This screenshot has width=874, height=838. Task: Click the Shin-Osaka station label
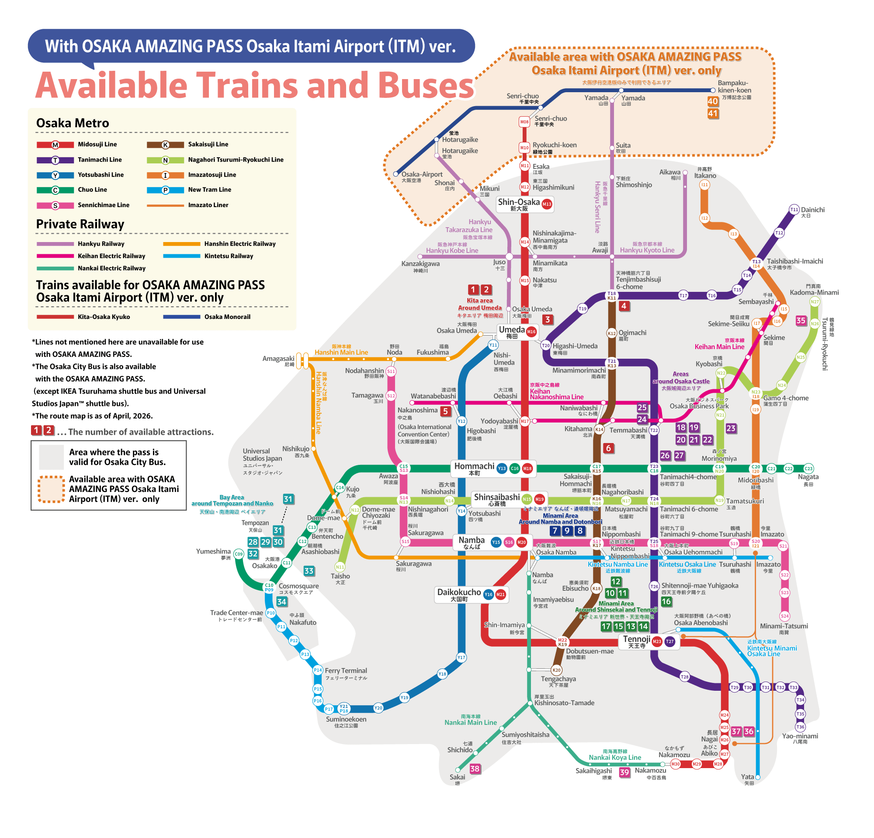point(519,203)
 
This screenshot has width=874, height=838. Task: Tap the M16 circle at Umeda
point(531,331)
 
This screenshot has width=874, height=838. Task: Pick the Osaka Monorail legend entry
point(227,317)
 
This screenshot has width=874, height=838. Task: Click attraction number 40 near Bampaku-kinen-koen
point(713,101)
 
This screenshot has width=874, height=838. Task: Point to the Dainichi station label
point(812,210)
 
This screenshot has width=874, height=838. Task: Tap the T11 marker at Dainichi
point(794,210)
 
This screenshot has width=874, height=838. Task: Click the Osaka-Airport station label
point(421,175)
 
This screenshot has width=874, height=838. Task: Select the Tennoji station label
point(636,640)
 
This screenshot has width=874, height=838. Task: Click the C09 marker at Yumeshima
point(239,554)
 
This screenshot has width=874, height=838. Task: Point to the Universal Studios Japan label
point(262,455)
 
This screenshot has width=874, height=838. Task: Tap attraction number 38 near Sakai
point(475,769)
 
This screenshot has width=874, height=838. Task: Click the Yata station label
point(747,777)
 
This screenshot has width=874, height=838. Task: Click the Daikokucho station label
point(459,592)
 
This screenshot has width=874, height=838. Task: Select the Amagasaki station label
point(278,359)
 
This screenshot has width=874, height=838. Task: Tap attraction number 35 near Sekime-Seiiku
point(801,321)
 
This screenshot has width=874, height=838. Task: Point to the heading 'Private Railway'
point(80,224)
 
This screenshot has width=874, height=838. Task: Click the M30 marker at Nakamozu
point(676,764)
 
